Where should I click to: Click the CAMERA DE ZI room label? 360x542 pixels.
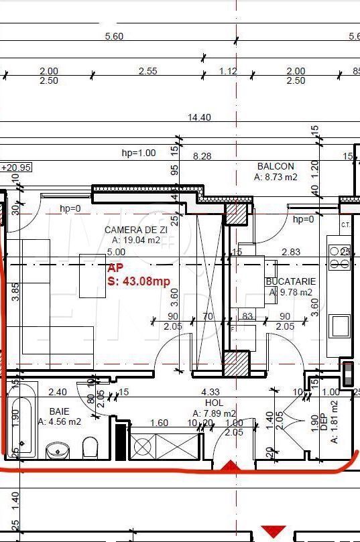click(x=132, y=230)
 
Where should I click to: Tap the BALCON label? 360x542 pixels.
click(x=276, y=166)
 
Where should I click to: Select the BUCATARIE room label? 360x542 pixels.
click(x=289, y=282)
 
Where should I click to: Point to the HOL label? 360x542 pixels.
click(x=214, y=403)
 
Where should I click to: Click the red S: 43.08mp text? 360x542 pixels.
click(x=139, y=281)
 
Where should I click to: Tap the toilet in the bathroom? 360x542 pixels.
click(x=90, y=447)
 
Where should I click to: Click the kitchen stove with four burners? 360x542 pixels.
click(x=339, y=256)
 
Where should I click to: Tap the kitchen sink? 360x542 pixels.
click(x=339, y=326)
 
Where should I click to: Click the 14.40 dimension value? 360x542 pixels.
click(x=199, y=117)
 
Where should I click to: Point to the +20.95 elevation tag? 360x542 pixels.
click(x=16, y=167)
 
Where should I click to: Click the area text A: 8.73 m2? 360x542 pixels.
click(x=276, y=177)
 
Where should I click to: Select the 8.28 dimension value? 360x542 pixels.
click(x=202, y=155)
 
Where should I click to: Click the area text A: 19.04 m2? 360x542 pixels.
click(x=136, y=240)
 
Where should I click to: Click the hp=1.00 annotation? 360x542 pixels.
click(x=139, y=153)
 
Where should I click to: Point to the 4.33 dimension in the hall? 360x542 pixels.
click(x=210, y=392)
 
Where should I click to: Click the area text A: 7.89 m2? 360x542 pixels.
click(x=214, y=413)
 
